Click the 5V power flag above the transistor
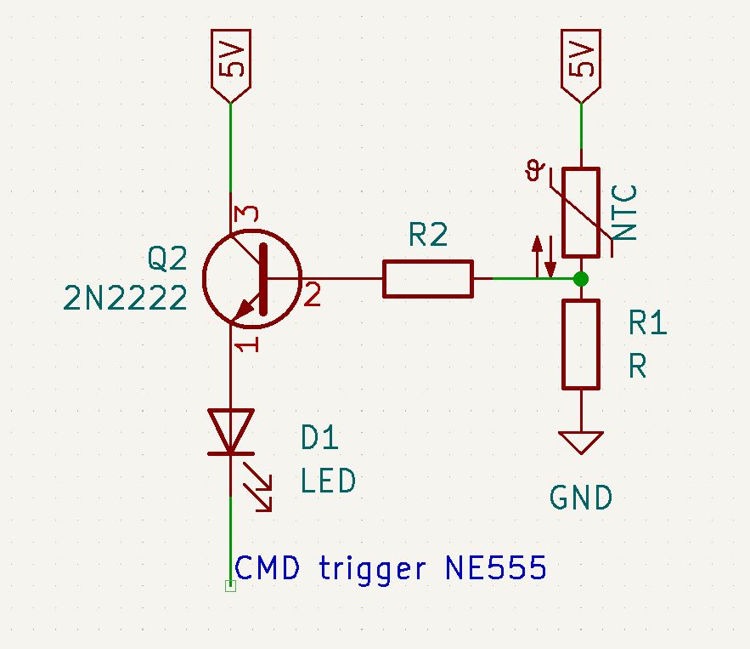[230, 64]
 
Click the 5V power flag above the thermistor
[581, 64]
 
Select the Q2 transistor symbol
[252, 277]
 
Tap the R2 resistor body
[427, 278]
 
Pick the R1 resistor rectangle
[581, 344]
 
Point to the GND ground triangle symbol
[581, 442]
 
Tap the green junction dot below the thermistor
[581, 278]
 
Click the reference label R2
[427, 236]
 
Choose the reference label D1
[320, 439]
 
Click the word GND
[581, 498]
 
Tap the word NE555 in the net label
[495, 568]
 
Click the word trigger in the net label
[372, 569]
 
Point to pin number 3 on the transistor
[247, 216]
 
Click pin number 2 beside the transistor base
[313, 296]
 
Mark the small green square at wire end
[230, 585]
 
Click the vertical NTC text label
[626, 213]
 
